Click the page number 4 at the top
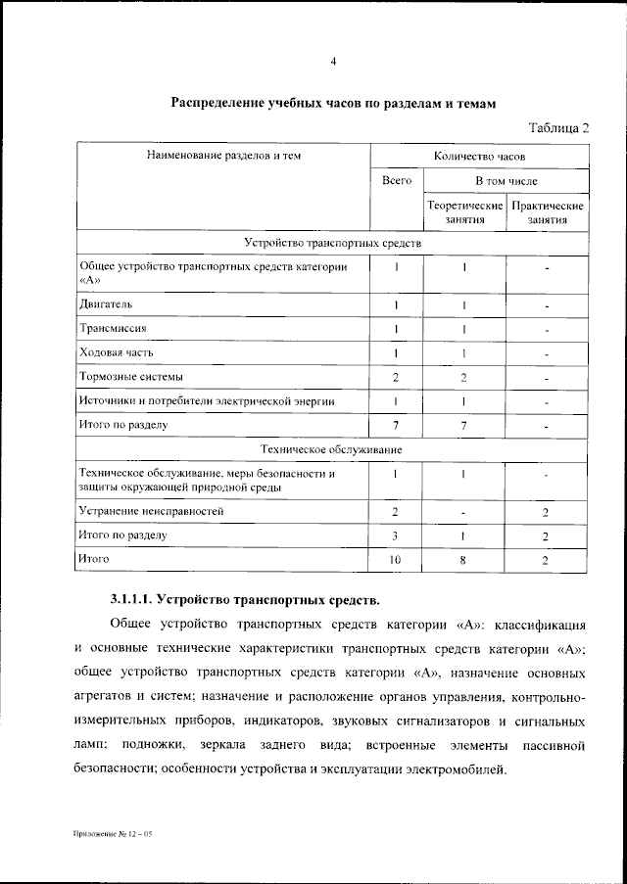[x=333, y=63]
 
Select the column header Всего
[x=396, y=181]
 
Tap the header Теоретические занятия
[x=464, y=213]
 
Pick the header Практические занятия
[x=548, y=213]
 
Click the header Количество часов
[x=479, y=156]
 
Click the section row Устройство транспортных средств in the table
[x=332, y=242]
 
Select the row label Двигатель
[x=100, y=304]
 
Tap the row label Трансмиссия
[x=109, y=328]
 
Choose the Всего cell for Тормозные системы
[x=396, y=377]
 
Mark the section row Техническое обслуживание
[x=332, y=448]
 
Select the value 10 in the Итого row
[x=396, y=559]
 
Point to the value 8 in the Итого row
[x=463, y=559]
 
